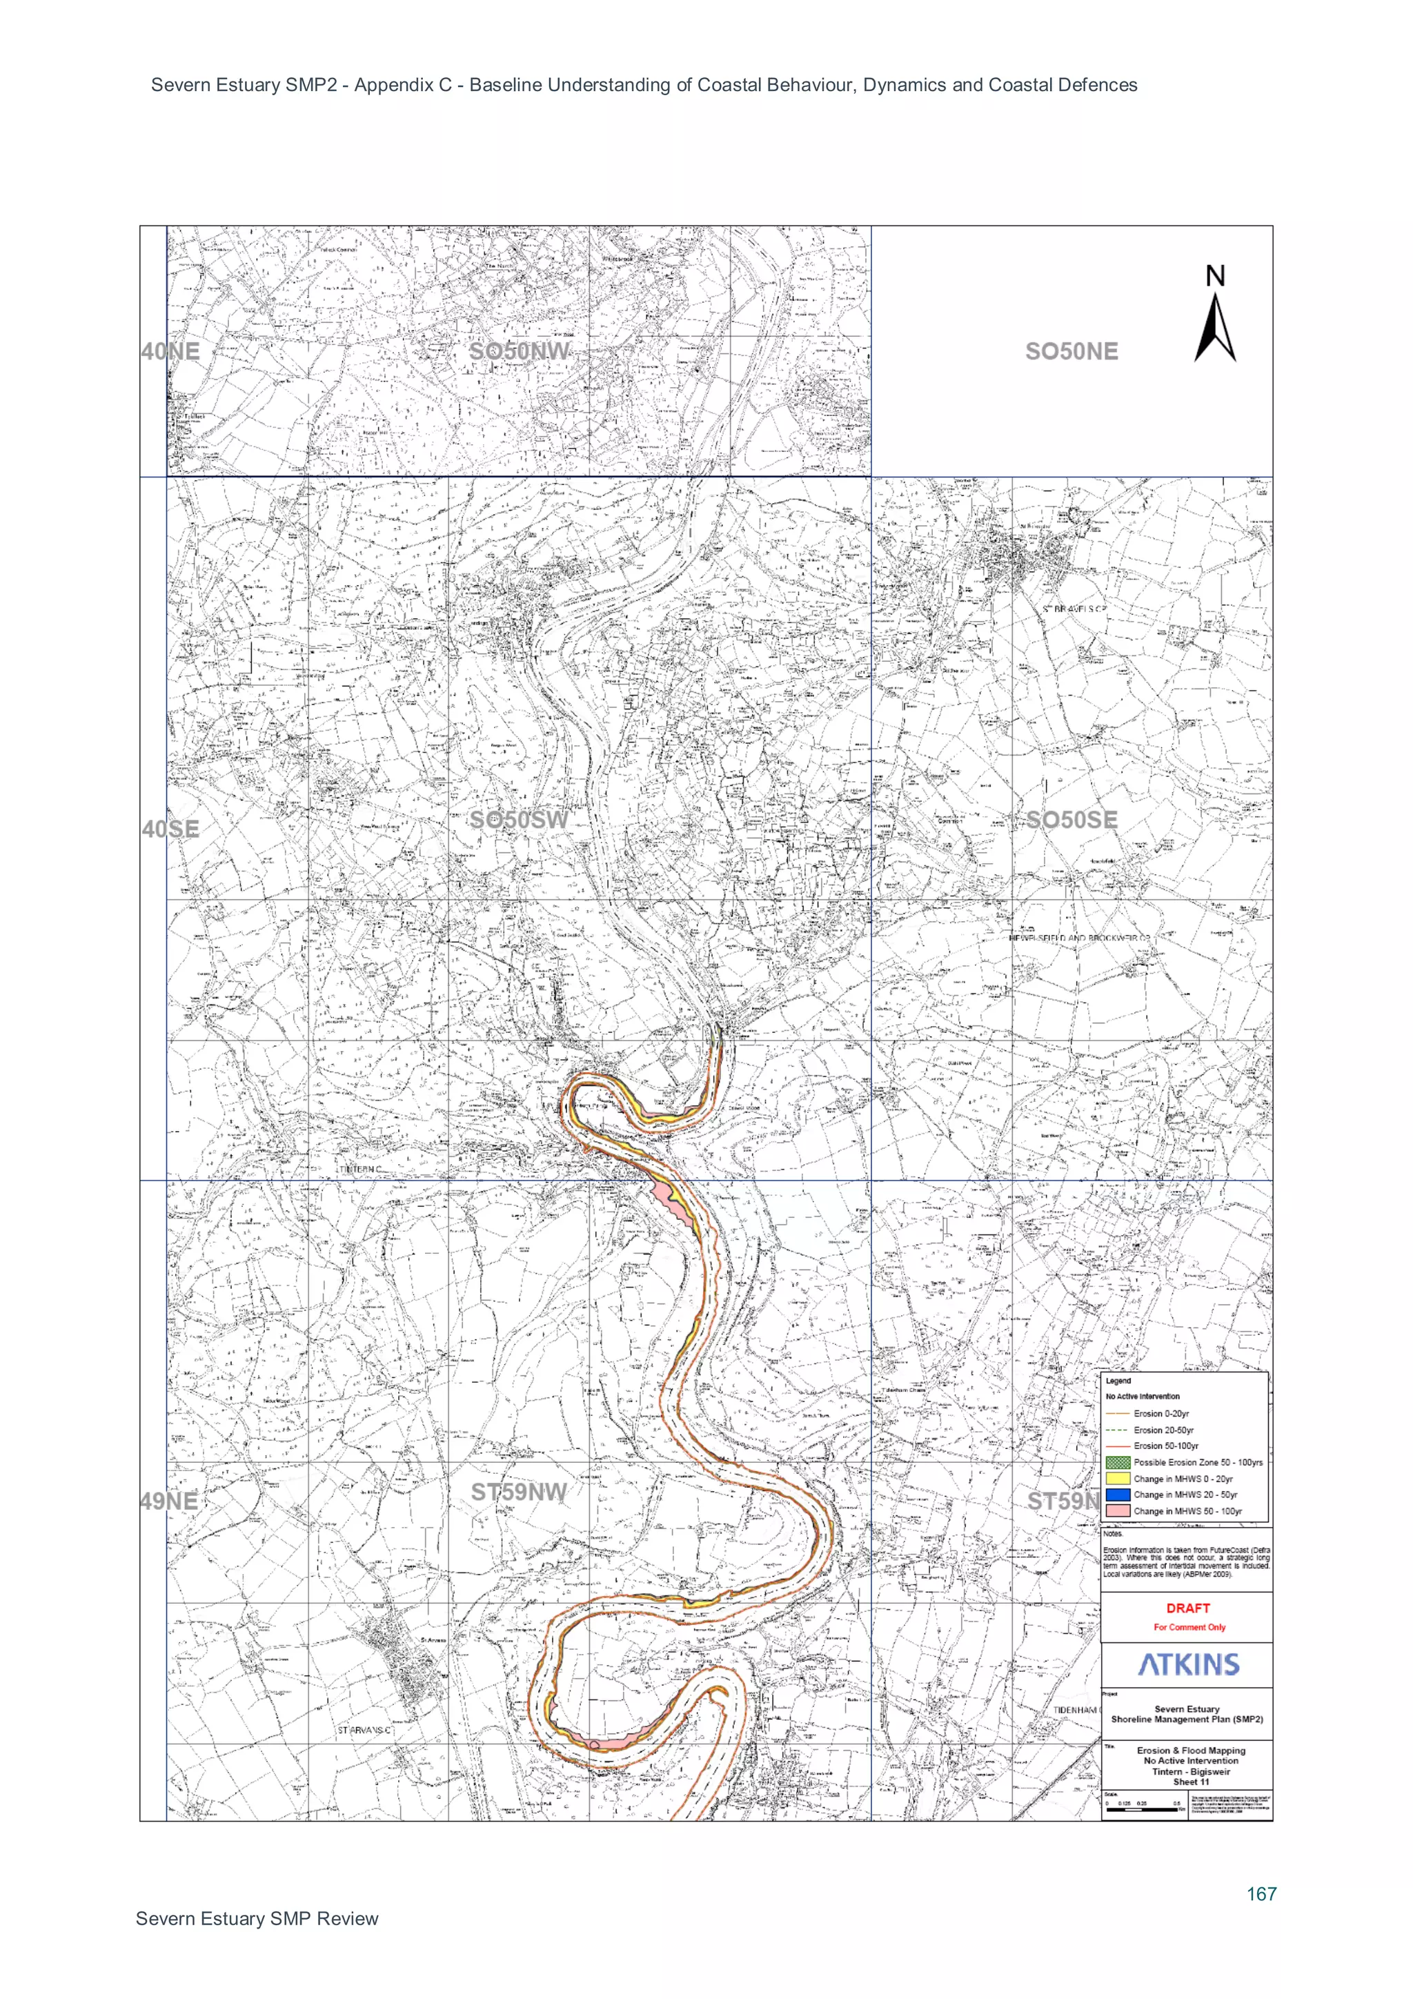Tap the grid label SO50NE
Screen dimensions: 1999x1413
1071,352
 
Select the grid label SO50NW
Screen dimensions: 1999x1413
519,352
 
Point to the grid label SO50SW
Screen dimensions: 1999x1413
519,820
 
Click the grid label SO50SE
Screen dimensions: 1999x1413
1071,820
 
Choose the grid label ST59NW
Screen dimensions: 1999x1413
519,1493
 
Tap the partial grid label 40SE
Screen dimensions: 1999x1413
170,829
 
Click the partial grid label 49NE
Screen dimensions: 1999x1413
169,1501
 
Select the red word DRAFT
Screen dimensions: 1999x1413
1187,1608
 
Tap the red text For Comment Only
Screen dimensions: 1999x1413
1189,1627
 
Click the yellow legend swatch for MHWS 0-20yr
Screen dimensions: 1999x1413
1118,1478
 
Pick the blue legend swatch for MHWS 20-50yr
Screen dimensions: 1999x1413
1118,1494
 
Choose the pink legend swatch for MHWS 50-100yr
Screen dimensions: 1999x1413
1118,1510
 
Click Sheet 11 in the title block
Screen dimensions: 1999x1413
1191,1782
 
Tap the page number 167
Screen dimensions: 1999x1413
1261,1893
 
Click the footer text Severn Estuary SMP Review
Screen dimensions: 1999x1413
257,1919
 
